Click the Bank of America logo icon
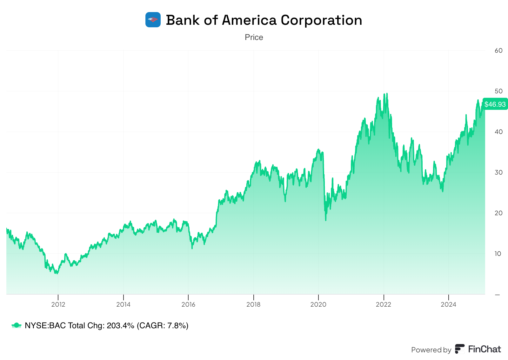click(x=153, y=20)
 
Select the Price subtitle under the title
click(x=254, y=37)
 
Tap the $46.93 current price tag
click(x=495, y=104)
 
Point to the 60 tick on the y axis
click(x=498, y=50)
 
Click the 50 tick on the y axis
click(x=498, y=91)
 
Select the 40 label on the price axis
click(x=498, y=132)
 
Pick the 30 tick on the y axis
click(x=498, y=172)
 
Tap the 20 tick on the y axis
click(x=498, y=213)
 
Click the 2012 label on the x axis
click(x=58, y=305)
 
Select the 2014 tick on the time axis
click(x=123, y=305)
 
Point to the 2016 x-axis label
click(x=188, y=305)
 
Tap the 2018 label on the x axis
click(x=253, y=305)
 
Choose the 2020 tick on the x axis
click(x=318, y=305)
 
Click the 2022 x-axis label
click(x=384, y=305)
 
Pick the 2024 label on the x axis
click(x=448, y=305)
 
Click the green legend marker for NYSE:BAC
click(x=16, y=325)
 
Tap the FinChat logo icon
click(x=459, y=349)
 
